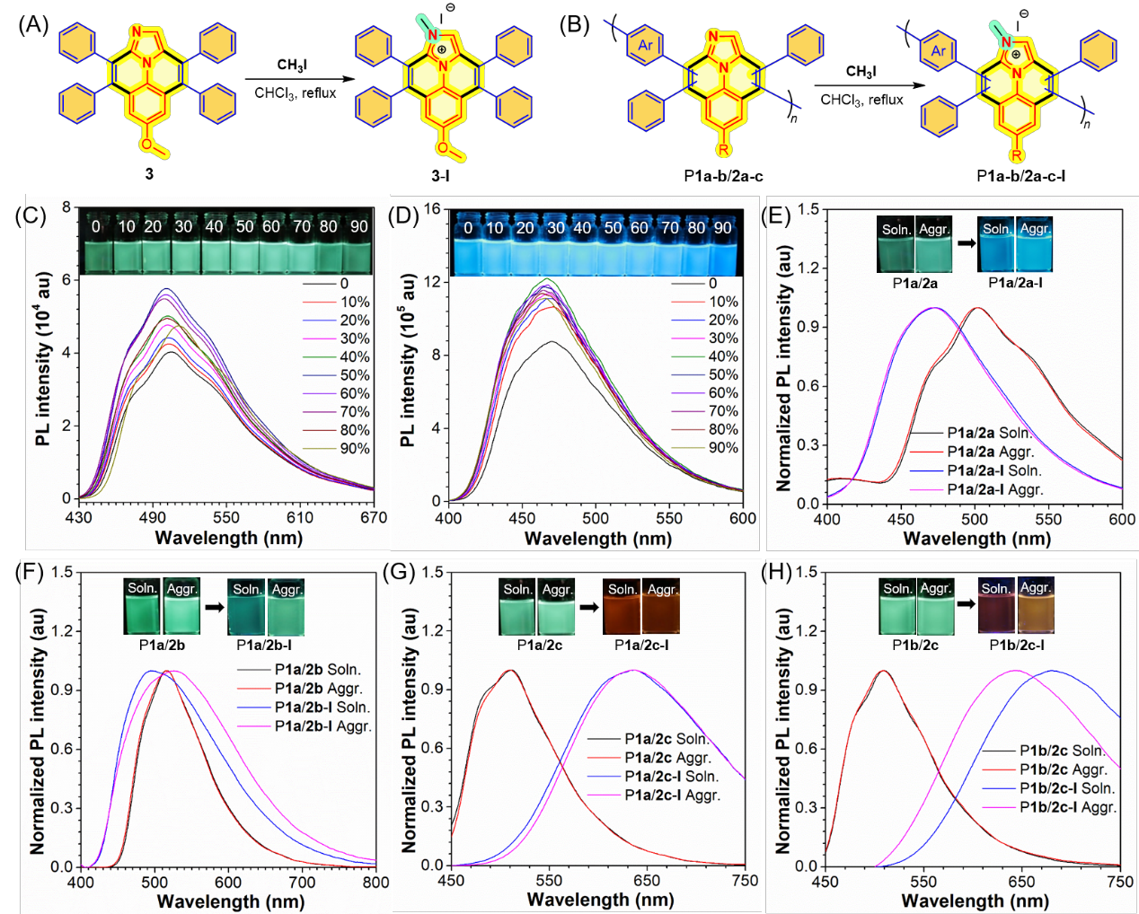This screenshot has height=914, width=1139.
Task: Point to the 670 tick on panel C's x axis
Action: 373,517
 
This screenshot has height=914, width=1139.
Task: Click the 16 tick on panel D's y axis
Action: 432,209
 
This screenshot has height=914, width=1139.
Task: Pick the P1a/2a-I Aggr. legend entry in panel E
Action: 994,489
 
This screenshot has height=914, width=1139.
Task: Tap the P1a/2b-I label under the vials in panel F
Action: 264,645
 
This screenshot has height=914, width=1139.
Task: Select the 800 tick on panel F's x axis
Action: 375,882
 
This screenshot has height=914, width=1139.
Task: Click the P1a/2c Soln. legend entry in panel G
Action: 667,739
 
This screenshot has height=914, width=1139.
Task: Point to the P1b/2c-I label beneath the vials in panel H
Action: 1017,645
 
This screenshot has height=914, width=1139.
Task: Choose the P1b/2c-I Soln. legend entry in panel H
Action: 1066,788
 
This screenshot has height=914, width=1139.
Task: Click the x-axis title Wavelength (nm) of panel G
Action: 600,900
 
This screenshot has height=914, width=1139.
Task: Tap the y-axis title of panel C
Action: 43,359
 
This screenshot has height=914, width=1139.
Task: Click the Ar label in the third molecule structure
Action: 646,45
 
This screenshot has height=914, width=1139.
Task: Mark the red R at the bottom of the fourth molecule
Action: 1016,155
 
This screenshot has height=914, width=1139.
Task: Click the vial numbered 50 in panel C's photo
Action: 244,246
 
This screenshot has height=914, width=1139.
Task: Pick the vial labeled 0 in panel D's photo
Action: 468,246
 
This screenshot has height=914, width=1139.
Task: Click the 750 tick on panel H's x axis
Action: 1119,882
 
